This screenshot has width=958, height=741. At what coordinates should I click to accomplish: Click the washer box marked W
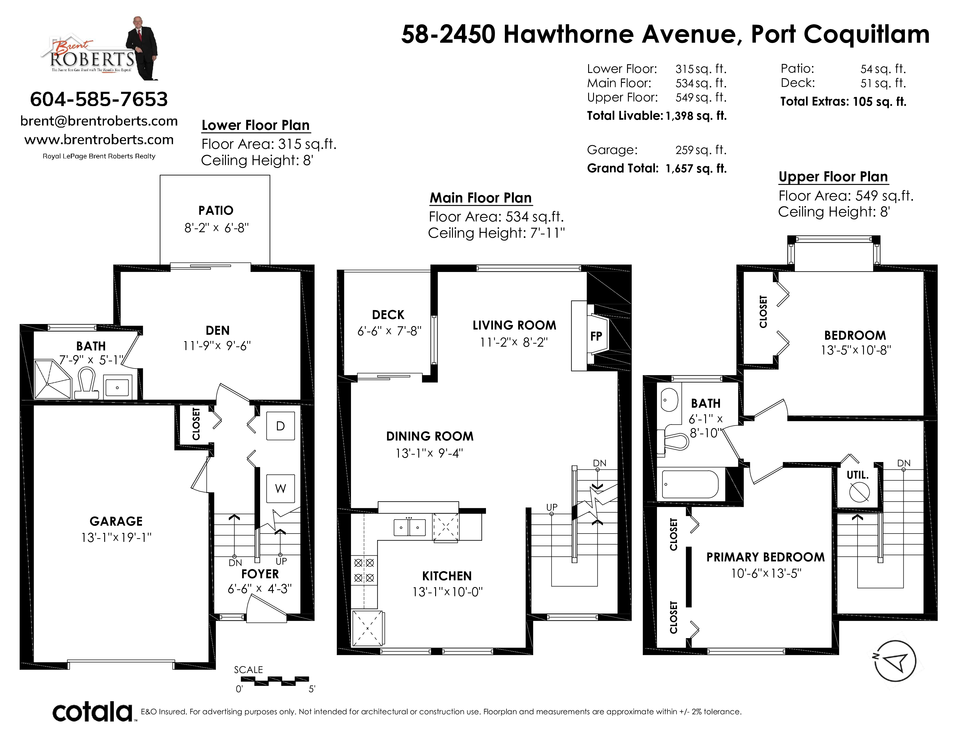280,488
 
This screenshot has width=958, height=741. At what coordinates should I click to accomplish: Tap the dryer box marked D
280,425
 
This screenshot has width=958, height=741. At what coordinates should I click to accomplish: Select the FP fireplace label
596,336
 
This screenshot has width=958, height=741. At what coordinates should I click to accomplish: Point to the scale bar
275,681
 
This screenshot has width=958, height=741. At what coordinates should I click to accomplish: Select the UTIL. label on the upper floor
858,475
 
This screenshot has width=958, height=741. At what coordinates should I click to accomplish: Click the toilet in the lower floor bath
87,383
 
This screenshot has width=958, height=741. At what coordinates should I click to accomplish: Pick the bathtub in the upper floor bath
690,484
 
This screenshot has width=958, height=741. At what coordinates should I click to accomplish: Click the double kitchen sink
409,527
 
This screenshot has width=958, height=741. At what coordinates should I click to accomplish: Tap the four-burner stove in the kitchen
364,570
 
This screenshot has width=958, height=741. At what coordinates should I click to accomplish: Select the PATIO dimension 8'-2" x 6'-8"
216,228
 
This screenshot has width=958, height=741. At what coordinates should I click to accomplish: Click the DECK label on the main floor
388,315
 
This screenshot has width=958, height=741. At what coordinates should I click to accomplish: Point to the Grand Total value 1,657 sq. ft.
696,169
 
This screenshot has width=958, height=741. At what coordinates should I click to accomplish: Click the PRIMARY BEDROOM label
766,557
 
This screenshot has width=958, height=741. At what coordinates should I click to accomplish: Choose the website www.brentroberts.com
99,139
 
